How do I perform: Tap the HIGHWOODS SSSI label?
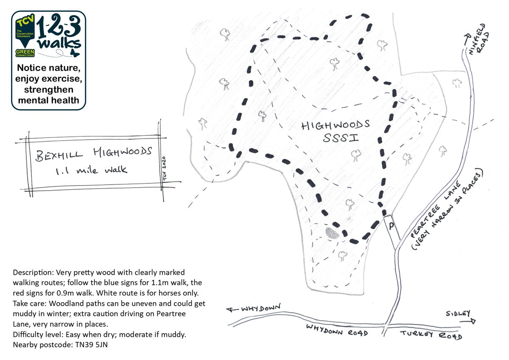(x=335, y=132)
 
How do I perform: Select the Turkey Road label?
(x=430, y=334)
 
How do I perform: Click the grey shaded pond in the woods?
(x=332, y=233)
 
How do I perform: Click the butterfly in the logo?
(x=75, y=53)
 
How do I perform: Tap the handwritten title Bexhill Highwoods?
(x=94, y=154)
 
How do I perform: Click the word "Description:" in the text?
(x=33, y=272)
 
